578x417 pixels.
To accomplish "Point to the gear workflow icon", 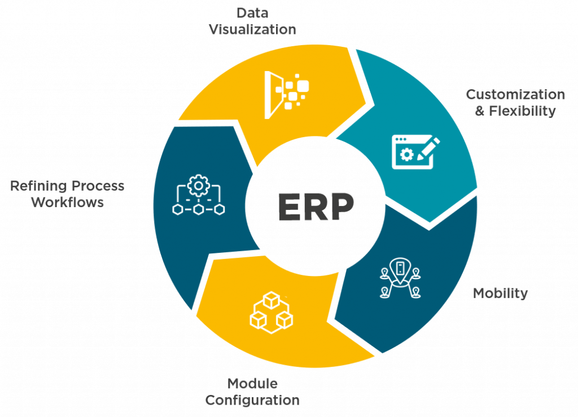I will point(198,195).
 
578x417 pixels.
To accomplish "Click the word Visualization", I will point(252,29).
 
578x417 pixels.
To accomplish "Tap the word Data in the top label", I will point(252,12).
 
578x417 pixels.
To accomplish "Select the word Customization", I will point(515,94).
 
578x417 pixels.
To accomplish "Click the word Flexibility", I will point(523,111).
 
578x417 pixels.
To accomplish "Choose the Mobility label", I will point(500,293).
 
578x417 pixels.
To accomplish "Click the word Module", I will point(252,384).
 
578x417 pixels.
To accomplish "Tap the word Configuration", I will point(252,401).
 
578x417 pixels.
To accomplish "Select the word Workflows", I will point(68,202).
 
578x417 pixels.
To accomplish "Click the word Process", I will point(97,186).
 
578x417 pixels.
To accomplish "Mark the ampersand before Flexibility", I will point(480,111).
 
